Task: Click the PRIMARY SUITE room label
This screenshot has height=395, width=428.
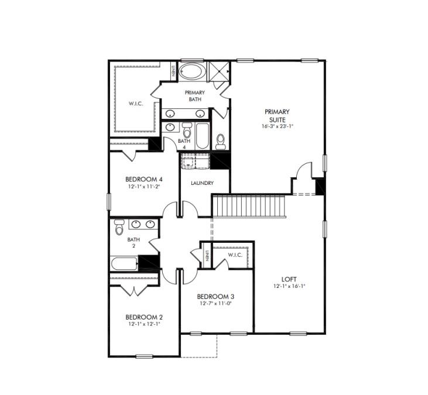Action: pyautogui.click(x=277, y=116)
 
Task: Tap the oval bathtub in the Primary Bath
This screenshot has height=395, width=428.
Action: pyautogui.click(x=193, y=71)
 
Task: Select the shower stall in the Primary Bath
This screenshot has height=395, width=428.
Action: pyautogui.click(x=218, y=71)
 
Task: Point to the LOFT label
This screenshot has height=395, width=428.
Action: pyautogui.click(x=289, y=279)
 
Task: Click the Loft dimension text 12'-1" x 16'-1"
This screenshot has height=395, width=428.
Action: pyautogui.click(x=289, y=286)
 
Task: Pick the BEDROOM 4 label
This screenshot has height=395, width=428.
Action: pyautogui.click(x=144, y=179)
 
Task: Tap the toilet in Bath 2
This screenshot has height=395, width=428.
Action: pyautogui.click(x=119, y=227)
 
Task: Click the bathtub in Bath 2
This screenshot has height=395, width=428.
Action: pyautogui.click(x=124, y=263)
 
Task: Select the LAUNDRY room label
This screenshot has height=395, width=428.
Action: pyautogui.click(x=202, y=183)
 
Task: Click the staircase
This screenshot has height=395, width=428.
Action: pyautogui.click(x=249, y=206)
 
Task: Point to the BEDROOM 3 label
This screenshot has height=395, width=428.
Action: pyautogui.click(x=215, y=297)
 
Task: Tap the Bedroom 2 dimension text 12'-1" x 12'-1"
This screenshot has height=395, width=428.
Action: pyautogui.click(x=144, y=324)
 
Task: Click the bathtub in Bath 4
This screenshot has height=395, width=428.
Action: pyautogui.click(x=202, y=136)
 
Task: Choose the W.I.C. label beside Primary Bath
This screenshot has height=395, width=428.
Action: pyautogui.click(x=136, y=104)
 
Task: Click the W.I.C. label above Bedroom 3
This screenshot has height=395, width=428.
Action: pyautogui.click(x=235, y=255)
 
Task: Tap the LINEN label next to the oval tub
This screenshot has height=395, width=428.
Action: pyautogui.click(x=173, y=71)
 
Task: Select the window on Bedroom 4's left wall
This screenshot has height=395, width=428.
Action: pyautogui.click(x=109, y=201)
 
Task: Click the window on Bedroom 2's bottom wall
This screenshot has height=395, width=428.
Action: pyautogui.click(x=144, y=356)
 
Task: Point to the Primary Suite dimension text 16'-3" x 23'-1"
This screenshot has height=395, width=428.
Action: pyautogui.click(x=277, y=126)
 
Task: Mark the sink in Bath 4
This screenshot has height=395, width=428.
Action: pyautogui.click(x=170, y=127)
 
